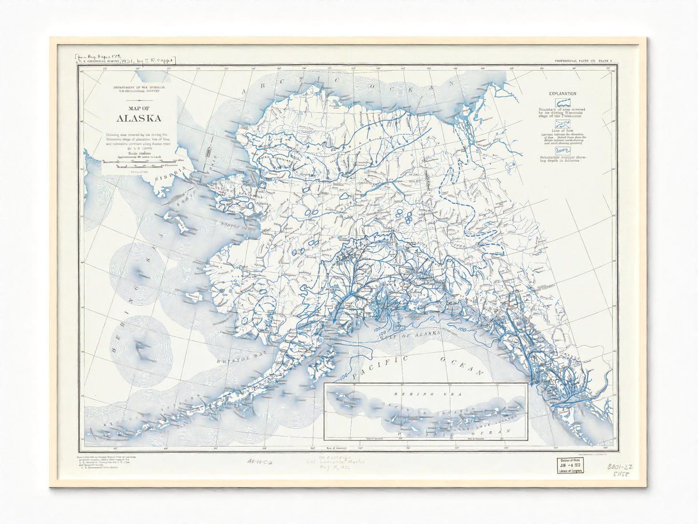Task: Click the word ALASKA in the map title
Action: [138, 118]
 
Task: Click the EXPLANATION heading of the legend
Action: [562, 93]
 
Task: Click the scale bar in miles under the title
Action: [138, 164]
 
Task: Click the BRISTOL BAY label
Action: [233, 360]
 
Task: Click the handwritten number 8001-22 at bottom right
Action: [621, 467]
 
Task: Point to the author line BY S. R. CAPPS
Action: [138, 149]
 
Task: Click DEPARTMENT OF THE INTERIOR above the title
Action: [138, 88]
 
